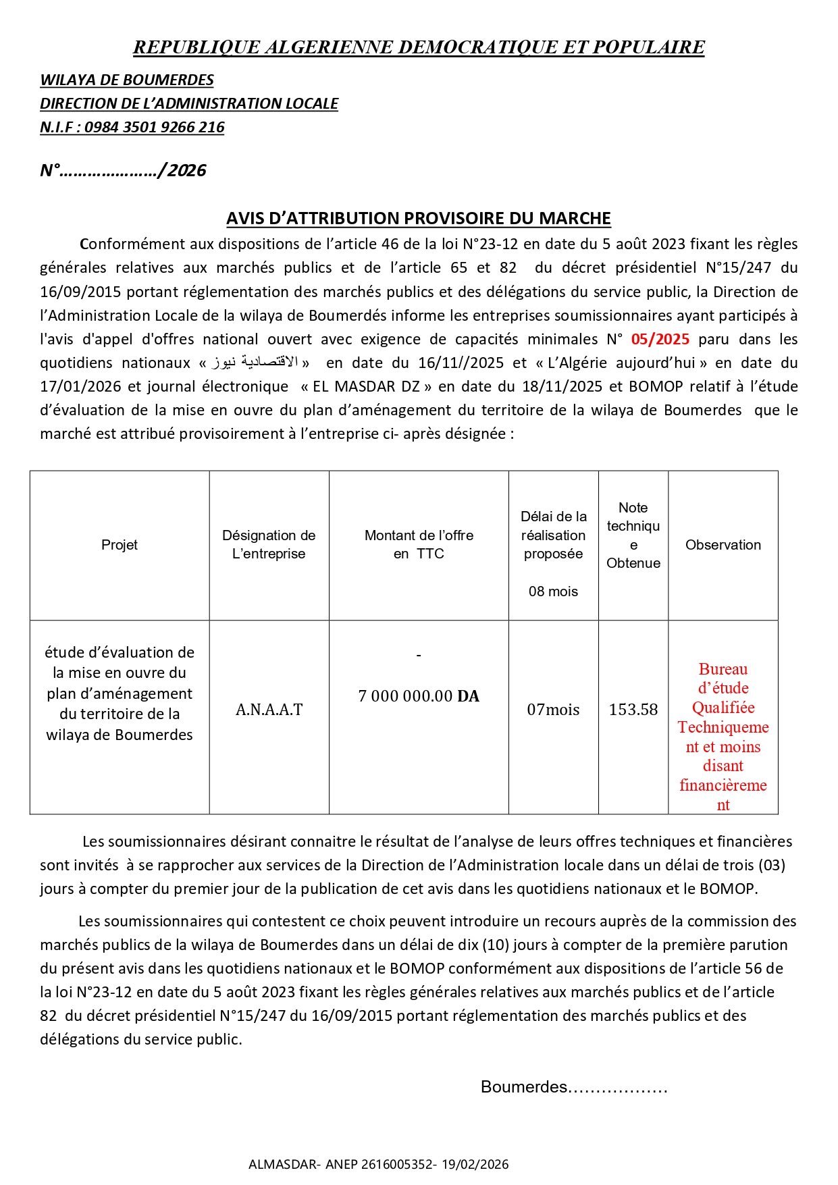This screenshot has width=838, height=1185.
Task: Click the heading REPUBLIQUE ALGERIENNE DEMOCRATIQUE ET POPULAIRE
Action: click(x=419, y=47)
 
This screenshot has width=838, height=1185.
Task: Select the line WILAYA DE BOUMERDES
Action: click(x=127, y=80)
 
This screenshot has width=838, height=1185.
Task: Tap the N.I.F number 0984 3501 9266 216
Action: click(x=155, y=127)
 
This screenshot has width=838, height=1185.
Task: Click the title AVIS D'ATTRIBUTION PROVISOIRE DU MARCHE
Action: click(x=419, y=218)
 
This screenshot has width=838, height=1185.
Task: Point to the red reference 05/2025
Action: click(x=660, y=339)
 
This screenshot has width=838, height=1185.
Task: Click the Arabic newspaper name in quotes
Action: click(x=255, y=363)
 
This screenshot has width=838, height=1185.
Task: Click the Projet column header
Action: click(x=120, y=545)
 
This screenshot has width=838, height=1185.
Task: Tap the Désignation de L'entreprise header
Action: click(x=269, y=544)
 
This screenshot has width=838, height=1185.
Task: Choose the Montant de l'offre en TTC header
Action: click(x=419, y=544)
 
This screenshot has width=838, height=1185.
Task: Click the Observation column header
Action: click(x=723, y=545)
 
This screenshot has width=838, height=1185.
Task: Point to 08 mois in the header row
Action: click(x=553, y=591)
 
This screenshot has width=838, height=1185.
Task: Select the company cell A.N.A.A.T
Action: click(x=269, y=710)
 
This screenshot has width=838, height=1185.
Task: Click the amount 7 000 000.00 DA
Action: click(x=419, y=696)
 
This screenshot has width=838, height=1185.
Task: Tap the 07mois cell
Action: click(x=553, y=710)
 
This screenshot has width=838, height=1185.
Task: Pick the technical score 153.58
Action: click(x=633, y=710)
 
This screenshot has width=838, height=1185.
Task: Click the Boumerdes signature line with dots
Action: click(x=574, y=1086)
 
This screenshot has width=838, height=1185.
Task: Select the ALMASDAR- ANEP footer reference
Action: click(x=378, y=1164)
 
